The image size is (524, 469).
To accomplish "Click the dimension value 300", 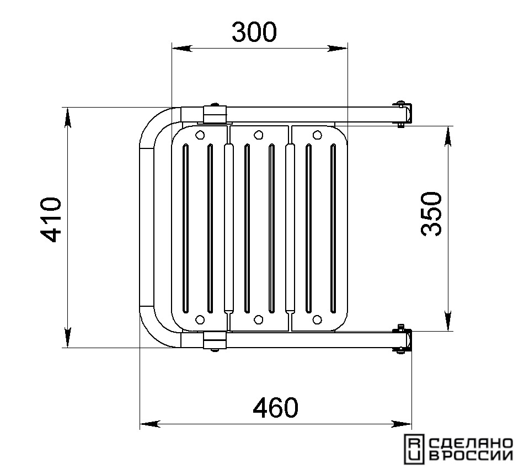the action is pos(254,32).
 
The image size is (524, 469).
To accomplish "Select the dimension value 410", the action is pos(51,220).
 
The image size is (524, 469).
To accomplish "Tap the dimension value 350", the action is pos(431,214).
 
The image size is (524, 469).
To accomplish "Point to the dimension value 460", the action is pos(275,408).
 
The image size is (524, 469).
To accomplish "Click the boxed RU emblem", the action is pos(414,449).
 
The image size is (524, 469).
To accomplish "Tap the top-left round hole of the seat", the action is pos(200,135).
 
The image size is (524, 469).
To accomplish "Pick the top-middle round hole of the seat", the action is pos(258,135).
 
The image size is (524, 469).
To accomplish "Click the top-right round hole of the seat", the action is pos(317,135).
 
